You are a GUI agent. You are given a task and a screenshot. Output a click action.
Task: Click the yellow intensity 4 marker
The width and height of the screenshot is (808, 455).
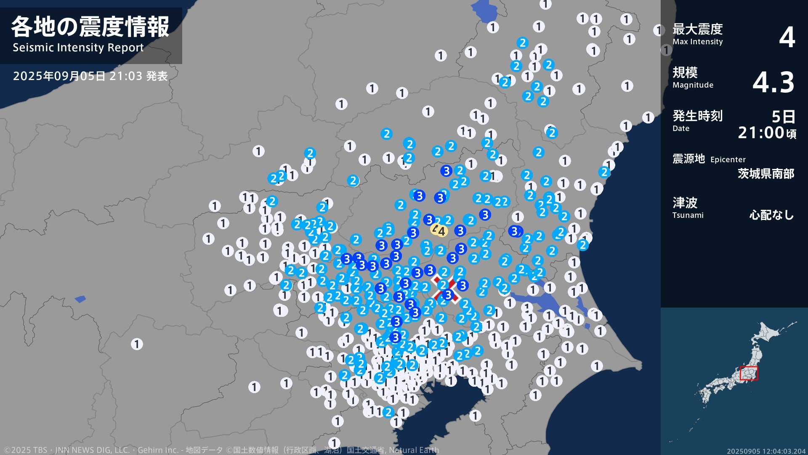(x=439, y=230)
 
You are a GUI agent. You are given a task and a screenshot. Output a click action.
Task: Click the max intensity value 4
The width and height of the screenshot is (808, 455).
(x=787, y=37)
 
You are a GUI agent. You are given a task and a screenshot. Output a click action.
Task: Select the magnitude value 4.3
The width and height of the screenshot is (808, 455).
(x=773, y=82)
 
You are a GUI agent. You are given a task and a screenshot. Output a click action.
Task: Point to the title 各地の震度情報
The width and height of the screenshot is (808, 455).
(x=90, y=27)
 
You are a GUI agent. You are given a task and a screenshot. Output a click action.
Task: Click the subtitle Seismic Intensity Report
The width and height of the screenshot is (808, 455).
(x=78, y=48)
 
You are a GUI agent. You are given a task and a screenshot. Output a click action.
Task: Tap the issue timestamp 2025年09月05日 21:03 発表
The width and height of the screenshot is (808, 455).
(x=90, y=76)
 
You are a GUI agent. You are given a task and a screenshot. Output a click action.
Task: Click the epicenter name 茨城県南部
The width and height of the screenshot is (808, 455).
(x=765, y=174)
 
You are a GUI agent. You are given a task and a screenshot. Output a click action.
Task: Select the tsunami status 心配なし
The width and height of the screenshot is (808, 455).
(x=771, y=215)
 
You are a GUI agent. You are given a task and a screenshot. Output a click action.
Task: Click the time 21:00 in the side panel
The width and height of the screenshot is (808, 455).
(x=761, y=133)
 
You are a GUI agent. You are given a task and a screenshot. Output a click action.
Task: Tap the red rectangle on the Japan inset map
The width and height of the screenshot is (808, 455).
(x=749, y=373)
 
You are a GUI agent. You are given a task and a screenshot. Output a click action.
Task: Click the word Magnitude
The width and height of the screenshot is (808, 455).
(x=693, y=85)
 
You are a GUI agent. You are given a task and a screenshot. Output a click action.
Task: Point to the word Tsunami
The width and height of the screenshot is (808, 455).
(x=688, y=215)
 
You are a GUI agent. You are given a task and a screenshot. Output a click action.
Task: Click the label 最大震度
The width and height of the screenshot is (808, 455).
(x=697, y=29)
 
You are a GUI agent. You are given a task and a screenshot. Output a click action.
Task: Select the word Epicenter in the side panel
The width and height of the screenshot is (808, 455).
(x=728, y=160)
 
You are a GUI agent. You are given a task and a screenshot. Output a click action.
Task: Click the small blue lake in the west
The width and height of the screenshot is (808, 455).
(x=80, y=299)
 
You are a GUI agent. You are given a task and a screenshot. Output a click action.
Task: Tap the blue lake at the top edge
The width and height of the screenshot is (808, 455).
(x=484, y=11)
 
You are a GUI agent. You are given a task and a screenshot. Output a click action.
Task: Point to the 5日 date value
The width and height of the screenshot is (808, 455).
(x=783, y=116)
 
